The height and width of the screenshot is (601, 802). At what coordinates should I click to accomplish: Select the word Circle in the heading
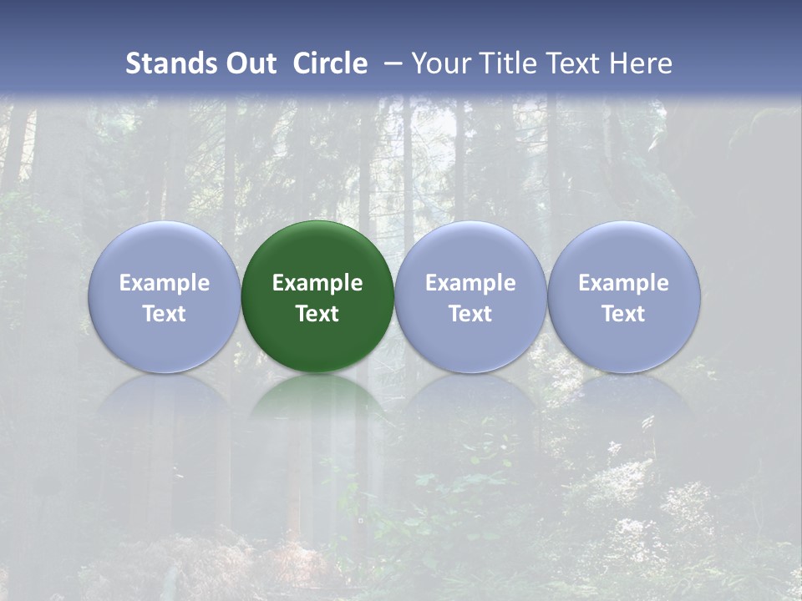pos(330,63)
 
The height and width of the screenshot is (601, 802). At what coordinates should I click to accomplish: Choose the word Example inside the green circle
pos(317,283)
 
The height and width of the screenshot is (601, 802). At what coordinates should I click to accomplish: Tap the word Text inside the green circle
pos(317,314)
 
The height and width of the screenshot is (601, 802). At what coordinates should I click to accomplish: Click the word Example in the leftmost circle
pos(164,283)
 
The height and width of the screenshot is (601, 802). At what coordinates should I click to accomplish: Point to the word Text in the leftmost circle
pos(164,314)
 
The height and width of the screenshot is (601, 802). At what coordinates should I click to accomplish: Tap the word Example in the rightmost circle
pos(623,283)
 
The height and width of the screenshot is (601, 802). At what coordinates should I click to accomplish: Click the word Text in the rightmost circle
pos(623,314)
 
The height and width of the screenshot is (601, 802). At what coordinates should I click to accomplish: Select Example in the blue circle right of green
pos(470,283)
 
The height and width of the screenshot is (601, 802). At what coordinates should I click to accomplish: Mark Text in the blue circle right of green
pos(470,314)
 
